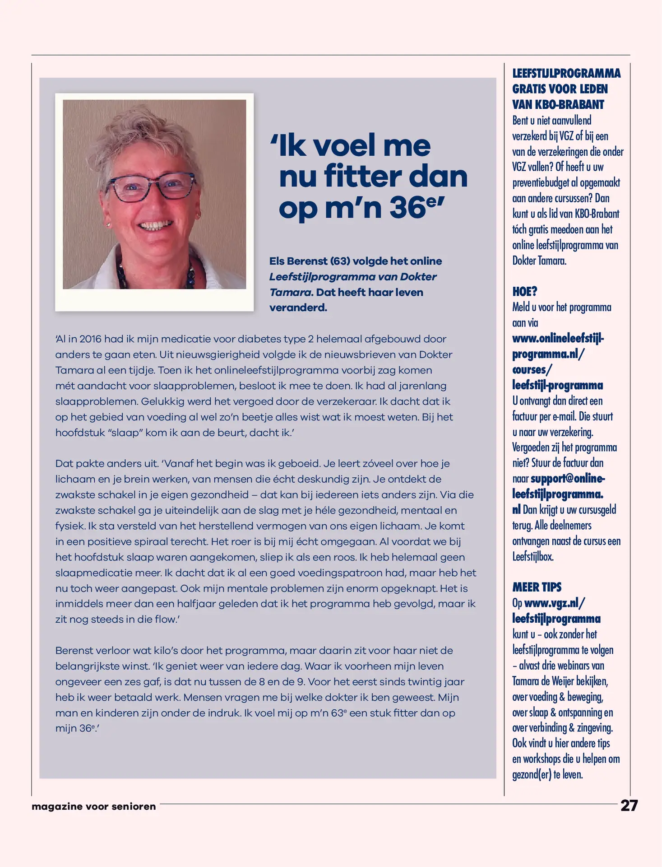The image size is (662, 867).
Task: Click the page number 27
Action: (x=629, y=806)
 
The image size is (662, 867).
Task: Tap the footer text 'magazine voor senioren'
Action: (x=94, y=806)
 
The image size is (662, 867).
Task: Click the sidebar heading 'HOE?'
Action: (x=524, y=292)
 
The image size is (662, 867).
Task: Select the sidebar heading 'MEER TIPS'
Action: (x=537, y=587)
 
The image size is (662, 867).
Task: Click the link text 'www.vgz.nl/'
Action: (x=555, y=603)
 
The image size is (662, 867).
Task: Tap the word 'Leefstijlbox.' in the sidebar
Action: (x=532, y=557)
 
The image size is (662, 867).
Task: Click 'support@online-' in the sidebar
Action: (x=568, y=479)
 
